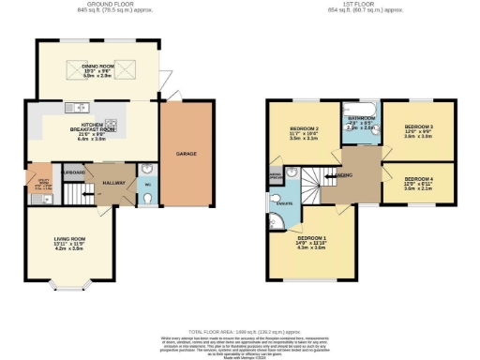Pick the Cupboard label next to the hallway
(x=74, y=172)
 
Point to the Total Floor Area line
(x=239, y=332)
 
